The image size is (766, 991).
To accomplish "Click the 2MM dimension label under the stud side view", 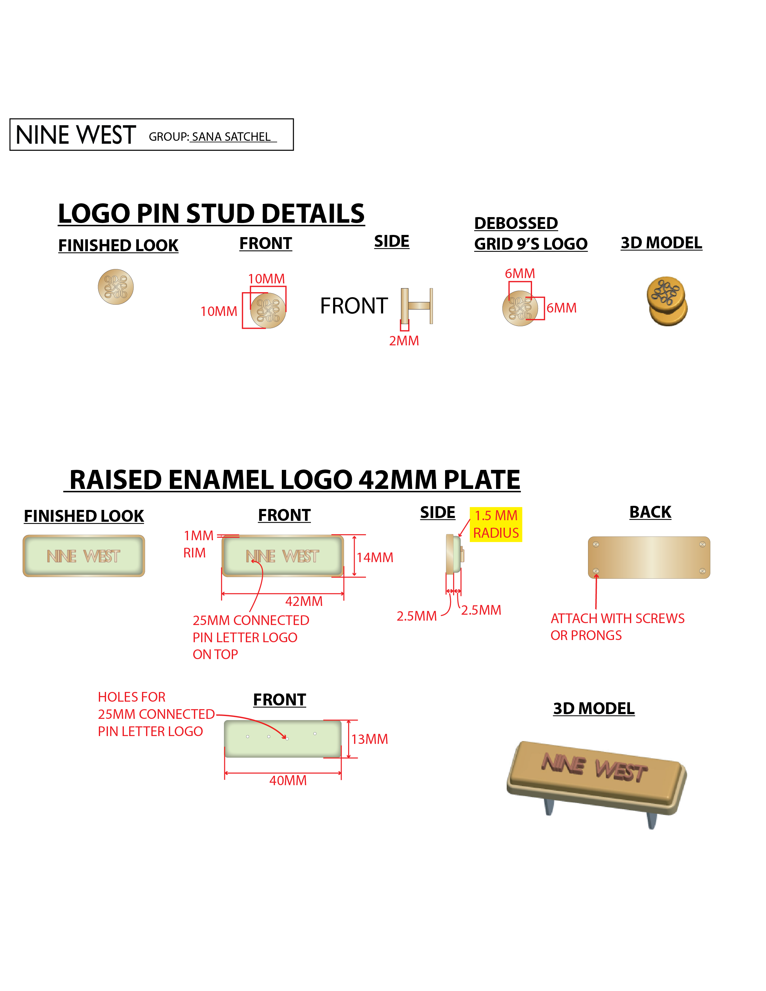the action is (x=404, y=341).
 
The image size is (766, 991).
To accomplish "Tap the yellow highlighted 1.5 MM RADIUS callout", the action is (x=496, y=524).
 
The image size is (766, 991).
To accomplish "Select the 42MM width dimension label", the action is (x=304, y=601).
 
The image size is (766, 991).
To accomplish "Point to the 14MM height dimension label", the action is (x=375, y=557).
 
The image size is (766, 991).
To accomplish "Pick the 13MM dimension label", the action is (x=369, y=739).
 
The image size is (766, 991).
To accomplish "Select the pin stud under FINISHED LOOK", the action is (x=116, y=287).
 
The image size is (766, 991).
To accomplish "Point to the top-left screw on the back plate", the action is (x=596, y=544).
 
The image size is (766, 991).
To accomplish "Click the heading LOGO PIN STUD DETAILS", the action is (x=211, y=213).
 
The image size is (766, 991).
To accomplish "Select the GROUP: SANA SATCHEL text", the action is (x=212, y=137).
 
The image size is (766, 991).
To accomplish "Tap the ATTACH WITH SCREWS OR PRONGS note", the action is (x=617, y=627).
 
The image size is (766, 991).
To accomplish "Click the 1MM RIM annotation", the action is (x=198, y=544).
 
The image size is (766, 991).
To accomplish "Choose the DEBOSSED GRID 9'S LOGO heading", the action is (x=530, y=233).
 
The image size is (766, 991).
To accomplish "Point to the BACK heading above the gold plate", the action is (x=650, y=512).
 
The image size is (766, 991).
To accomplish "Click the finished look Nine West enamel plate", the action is (x=84, y=556).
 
